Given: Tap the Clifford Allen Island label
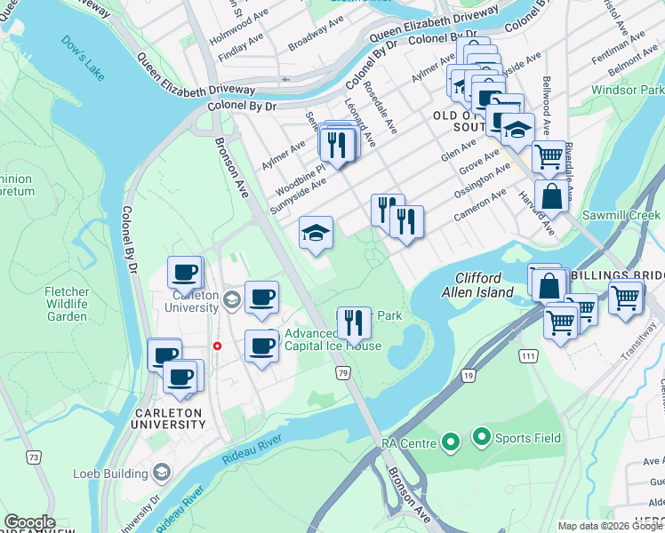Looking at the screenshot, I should tap(485, 285).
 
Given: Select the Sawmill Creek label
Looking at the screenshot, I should tap(621, 216).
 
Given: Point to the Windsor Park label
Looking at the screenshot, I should tap(628, 91).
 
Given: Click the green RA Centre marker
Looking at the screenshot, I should tap(451, 442).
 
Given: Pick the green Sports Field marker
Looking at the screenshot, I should tap(482, 437).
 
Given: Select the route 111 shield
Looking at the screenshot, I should tap(528, 355).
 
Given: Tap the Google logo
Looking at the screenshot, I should tap(29, 522).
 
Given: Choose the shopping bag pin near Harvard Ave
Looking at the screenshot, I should tap(551, 195).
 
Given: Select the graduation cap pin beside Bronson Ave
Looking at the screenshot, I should tap(316, 233).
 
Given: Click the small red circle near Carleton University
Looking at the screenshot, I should tap(216, 346).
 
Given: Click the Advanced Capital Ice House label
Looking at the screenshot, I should tap(332, 340).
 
